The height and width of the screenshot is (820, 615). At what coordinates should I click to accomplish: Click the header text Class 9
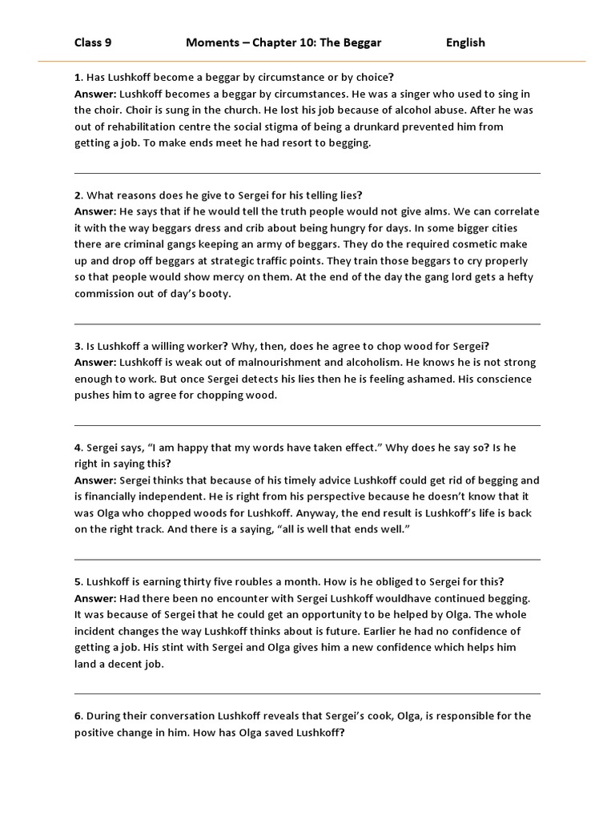[x=93, y=42]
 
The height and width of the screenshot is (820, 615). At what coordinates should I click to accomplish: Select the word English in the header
[x=465, y=42]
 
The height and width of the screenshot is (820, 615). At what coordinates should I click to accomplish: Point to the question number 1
[x=78, y=78]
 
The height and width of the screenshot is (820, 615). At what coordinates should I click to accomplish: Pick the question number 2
[x=78, y=195]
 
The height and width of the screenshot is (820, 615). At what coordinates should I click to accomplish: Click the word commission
[x=107, y=294]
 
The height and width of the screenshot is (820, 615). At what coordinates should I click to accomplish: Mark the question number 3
[x=78, y=346]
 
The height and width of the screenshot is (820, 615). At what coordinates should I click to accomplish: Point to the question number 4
[x=78, y=448]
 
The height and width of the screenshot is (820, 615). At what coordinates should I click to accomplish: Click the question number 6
[x=78, y=716]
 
